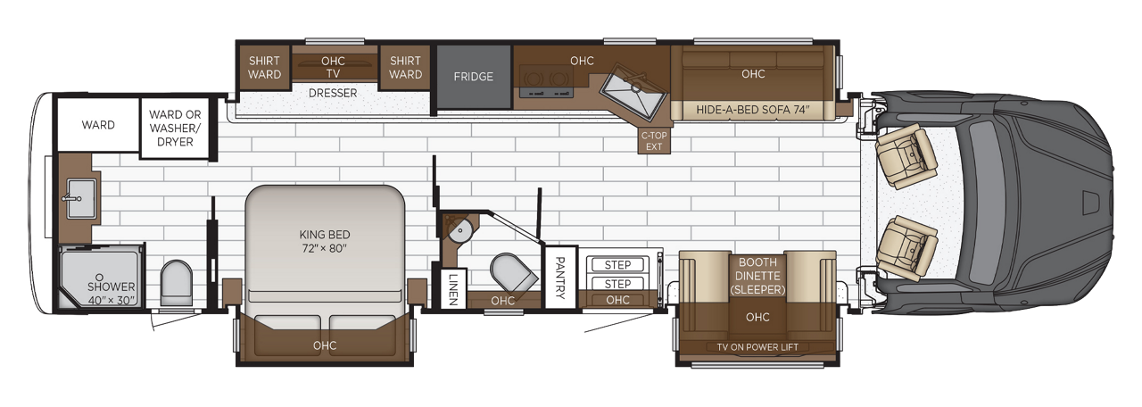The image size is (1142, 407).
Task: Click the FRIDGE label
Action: [x=473, y=77]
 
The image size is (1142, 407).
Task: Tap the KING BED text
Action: [x=324, y=235]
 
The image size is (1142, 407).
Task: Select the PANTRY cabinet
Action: [x=561, y=278]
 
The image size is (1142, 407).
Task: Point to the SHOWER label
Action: [x=112, y=287]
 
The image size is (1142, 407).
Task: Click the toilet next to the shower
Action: [x=176, y=284]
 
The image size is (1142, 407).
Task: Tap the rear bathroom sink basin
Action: [x=80, y=199]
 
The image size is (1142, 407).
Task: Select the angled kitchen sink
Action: [x=633, y=92]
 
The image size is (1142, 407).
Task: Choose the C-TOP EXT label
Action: [x=654, y=141]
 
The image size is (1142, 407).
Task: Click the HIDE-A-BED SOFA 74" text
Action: [x=752, y=110]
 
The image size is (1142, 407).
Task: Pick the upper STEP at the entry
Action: [x=617, y=265]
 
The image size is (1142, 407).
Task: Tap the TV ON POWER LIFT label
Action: [x=757, y=347]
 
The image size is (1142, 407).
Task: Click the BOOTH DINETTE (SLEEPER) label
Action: [x=757, y=276]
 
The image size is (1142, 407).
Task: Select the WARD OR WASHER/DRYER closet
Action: [x=175, y=128]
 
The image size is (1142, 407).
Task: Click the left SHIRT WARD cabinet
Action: [x=264, y=68]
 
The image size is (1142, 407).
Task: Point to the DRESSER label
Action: [x=333, y=94]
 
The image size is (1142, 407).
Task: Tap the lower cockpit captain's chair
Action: [x=906, y=248]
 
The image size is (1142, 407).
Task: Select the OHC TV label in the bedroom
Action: [x=333, y=67]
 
